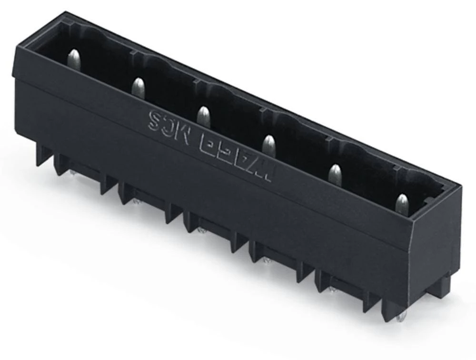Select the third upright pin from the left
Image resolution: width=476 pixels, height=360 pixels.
tap(203, 116)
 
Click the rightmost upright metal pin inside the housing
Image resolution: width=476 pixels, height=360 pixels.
tap(402, 203)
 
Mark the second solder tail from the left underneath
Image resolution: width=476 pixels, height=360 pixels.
tap(136, 202)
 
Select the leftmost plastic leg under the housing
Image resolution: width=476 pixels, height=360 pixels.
tap(43, 155)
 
